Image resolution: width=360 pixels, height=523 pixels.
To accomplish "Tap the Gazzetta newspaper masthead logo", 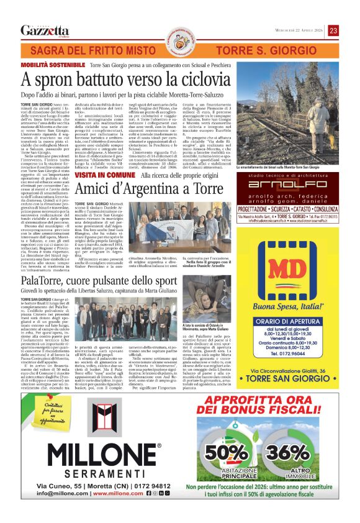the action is coord(45,30).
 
